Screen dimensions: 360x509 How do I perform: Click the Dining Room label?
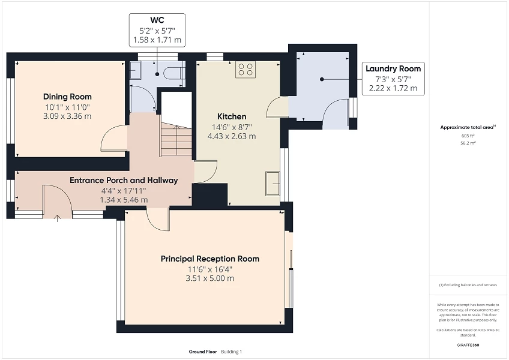(x=67, y=97)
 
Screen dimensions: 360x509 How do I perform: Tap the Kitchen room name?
(x=231, y=116)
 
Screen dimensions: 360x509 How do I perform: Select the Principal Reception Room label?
(x=209, y=259)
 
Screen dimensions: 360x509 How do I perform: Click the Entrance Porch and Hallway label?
(x=124, y=180)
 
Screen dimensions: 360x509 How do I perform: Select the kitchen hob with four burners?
(x=245, y=70)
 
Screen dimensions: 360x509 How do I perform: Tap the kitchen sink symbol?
(x=274, y=179)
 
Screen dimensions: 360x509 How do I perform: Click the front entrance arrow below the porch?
(x=58, y=217)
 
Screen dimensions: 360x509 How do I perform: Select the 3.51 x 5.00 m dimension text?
(x=209, y=278)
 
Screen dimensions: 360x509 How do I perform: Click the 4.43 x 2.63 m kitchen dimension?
(x=231, y=136)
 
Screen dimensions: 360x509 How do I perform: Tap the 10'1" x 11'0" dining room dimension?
(x=67, y=107)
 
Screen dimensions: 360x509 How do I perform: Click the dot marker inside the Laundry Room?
(x=322, y=79)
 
